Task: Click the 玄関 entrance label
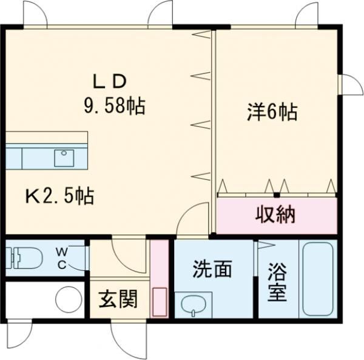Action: coord(118,299)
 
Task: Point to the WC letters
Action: coord(63,257)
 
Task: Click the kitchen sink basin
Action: coord(64,158)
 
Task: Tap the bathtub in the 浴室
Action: coord(317,279)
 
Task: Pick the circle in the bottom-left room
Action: coord(69,299)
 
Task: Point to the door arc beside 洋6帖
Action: coord(350,85)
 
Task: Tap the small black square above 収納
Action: coord(275,195)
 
